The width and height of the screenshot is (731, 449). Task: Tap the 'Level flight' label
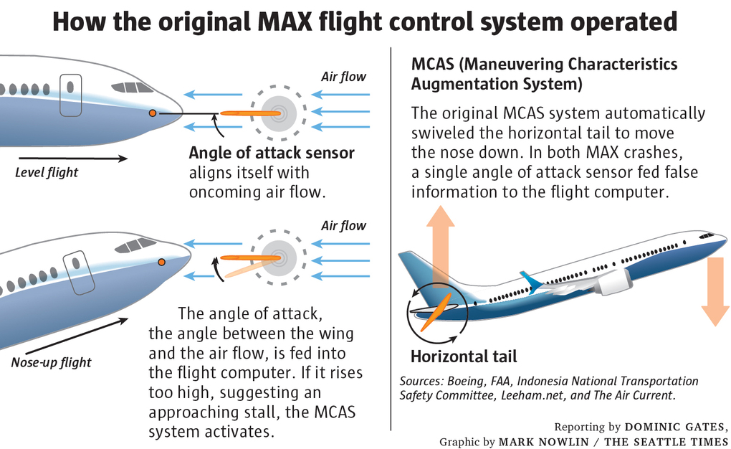click(47, 172)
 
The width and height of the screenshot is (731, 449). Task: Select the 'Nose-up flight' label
click(51, 361)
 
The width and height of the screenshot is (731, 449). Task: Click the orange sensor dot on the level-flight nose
click(152, 113)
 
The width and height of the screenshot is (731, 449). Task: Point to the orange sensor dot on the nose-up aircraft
click(162, 262)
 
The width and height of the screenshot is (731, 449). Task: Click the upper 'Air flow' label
click(343, 77)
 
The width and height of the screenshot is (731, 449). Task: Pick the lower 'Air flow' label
click(343, 226)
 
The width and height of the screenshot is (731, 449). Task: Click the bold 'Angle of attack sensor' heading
click(272, 153)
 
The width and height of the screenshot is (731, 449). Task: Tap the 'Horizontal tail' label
click(464, 356)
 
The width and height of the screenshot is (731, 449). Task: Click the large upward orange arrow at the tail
click(441, 244)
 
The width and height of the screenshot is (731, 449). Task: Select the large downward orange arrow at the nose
click(715, 290)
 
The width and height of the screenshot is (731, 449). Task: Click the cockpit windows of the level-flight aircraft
click(132, 88)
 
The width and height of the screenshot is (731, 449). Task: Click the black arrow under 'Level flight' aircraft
click(72, 158)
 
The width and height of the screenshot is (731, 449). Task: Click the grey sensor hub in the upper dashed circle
click(279, 113)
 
